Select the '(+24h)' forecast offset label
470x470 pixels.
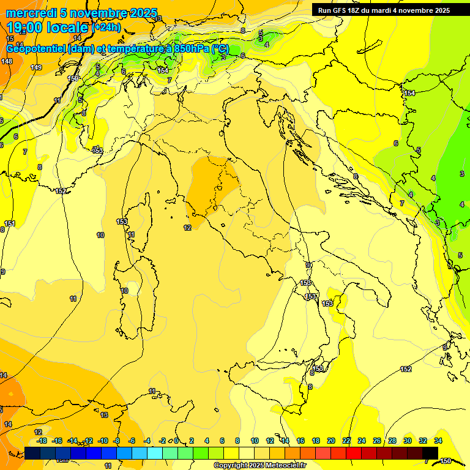click(107, 28)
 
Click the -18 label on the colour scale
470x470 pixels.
click(42, 441)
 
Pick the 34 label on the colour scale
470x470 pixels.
click(438, 441)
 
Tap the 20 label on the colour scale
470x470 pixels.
click(330, 441)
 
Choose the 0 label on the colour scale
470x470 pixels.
click(176, 441)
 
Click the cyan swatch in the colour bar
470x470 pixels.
click(155, 453)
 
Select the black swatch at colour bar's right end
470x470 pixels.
click(430, 453)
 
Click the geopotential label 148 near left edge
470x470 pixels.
click(7, 62)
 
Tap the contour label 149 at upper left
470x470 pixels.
click(36, 67)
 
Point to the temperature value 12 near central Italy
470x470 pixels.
click(187, 228)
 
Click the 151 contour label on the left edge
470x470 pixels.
click(9, 223)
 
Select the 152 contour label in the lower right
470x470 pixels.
click(406, 369)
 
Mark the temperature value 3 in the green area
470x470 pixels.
click(461, 174)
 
